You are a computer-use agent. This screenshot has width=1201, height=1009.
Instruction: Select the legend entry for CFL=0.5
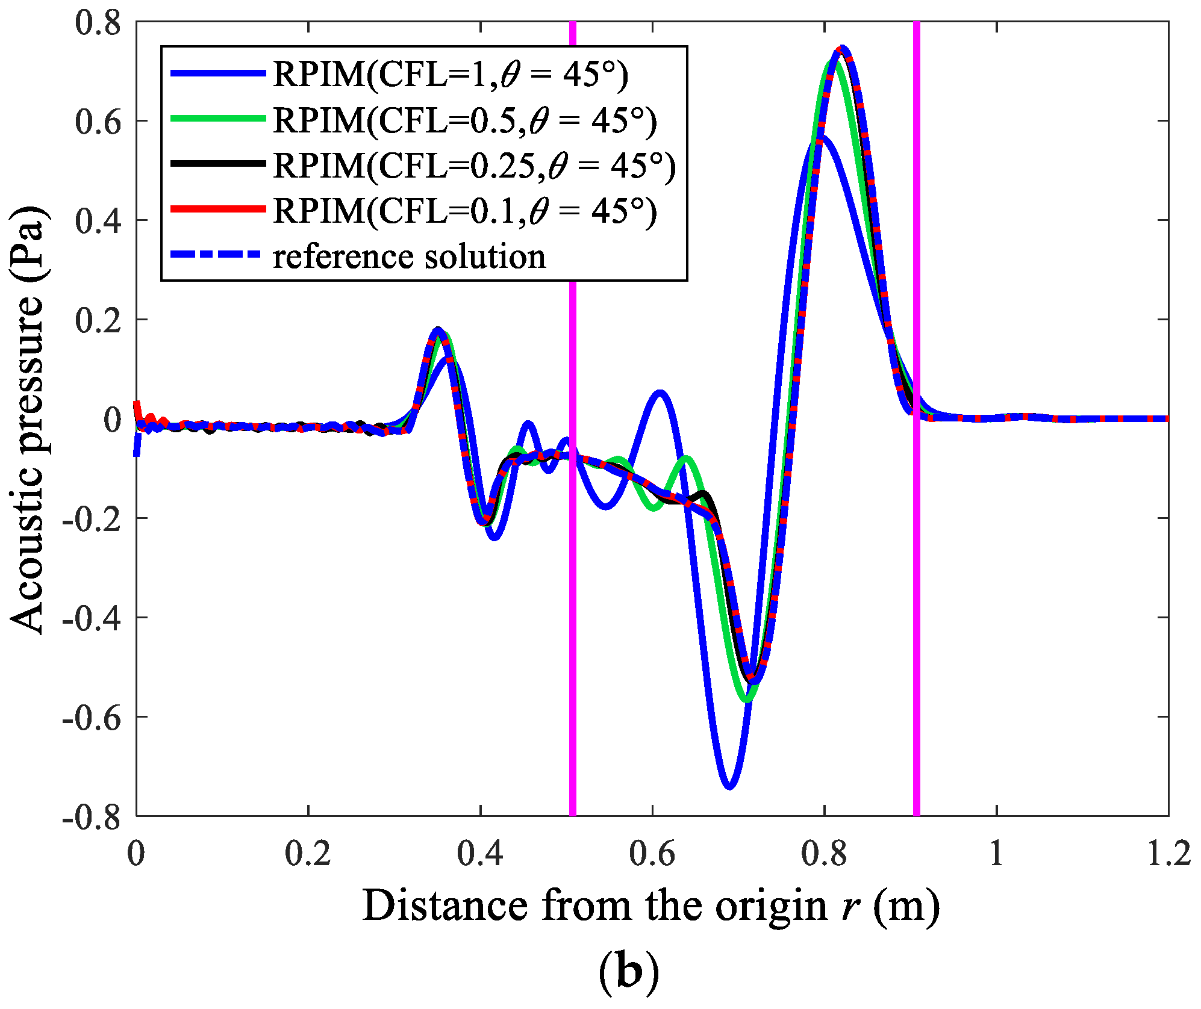[464, 120]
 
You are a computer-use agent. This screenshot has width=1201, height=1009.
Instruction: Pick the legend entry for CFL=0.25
[474, 166]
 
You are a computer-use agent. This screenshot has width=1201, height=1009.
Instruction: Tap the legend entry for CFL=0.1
[464, 211]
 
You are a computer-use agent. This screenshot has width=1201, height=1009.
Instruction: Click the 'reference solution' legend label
[409, 256]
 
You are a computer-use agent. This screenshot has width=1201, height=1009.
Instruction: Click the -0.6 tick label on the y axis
[92, 717]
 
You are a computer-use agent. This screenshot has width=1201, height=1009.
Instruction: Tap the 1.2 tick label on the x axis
[1168, 854]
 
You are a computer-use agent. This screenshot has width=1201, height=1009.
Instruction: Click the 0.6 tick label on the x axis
[652, 854]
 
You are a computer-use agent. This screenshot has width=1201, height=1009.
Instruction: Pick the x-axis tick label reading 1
[997, 854]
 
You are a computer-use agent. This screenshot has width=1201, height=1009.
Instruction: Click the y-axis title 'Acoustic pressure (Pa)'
[27, 418]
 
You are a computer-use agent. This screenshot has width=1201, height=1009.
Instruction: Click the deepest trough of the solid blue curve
[729, 786]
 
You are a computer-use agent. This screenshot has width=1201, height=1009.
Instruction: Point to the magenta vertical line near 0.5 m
[573, 602]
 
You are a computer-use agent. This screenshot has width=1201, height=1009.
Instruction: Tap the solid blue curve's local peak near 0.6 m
[661, 393]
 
